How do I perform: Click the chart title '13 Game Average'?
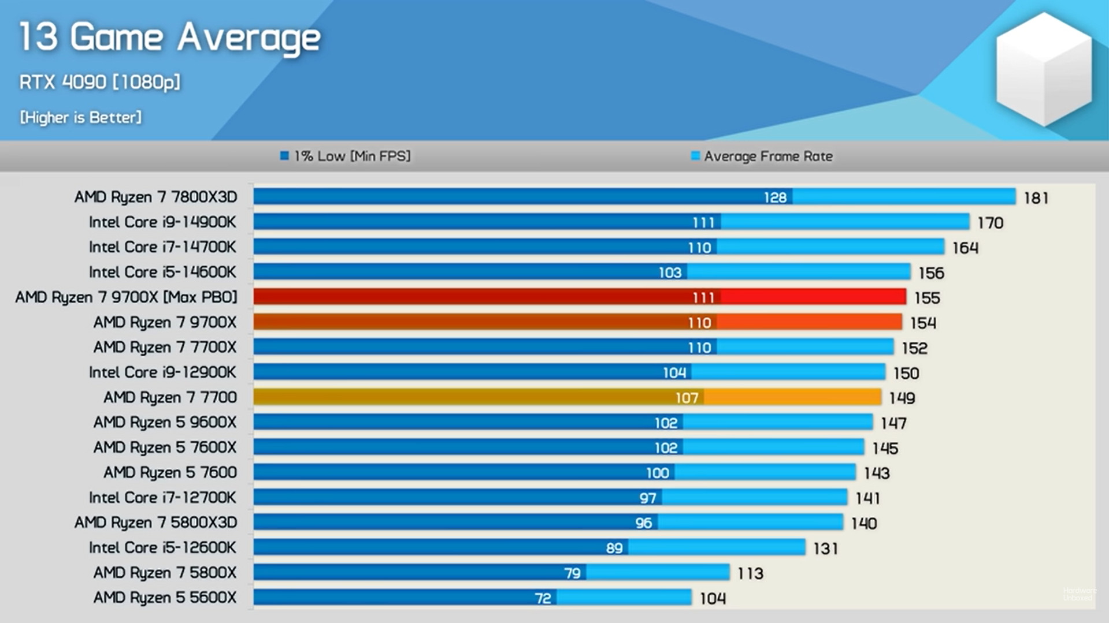169,38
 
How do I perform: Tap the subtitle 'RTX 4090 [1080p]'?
99,82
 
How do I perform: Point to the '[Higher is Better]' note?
80,117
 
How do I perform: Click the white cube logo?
1044,69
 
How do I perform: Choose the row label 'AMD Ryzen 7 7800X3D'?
155,197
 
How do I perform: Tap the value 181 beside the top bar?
1036,198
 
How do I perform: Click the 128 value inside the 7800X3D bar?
775,197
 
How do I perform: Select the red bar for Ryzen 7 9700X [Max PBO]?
578,297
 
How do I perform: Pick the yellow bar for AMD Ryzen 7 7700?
566,397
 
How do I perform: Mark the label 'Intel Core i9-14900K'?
162,222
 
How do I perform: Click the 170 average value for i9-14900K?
990,223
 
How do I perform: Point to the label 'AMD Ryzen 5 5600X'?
165,598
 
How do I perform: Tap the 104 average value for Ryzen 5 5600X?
713,599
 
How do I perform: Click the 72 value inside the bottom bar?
543,598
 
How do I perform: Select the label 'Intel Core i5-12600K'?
162,547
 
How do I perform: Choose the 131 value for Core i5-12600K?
825,549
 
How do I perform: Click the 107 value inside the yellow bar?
687,398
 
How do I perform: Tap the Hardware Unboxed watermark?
1078,594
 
